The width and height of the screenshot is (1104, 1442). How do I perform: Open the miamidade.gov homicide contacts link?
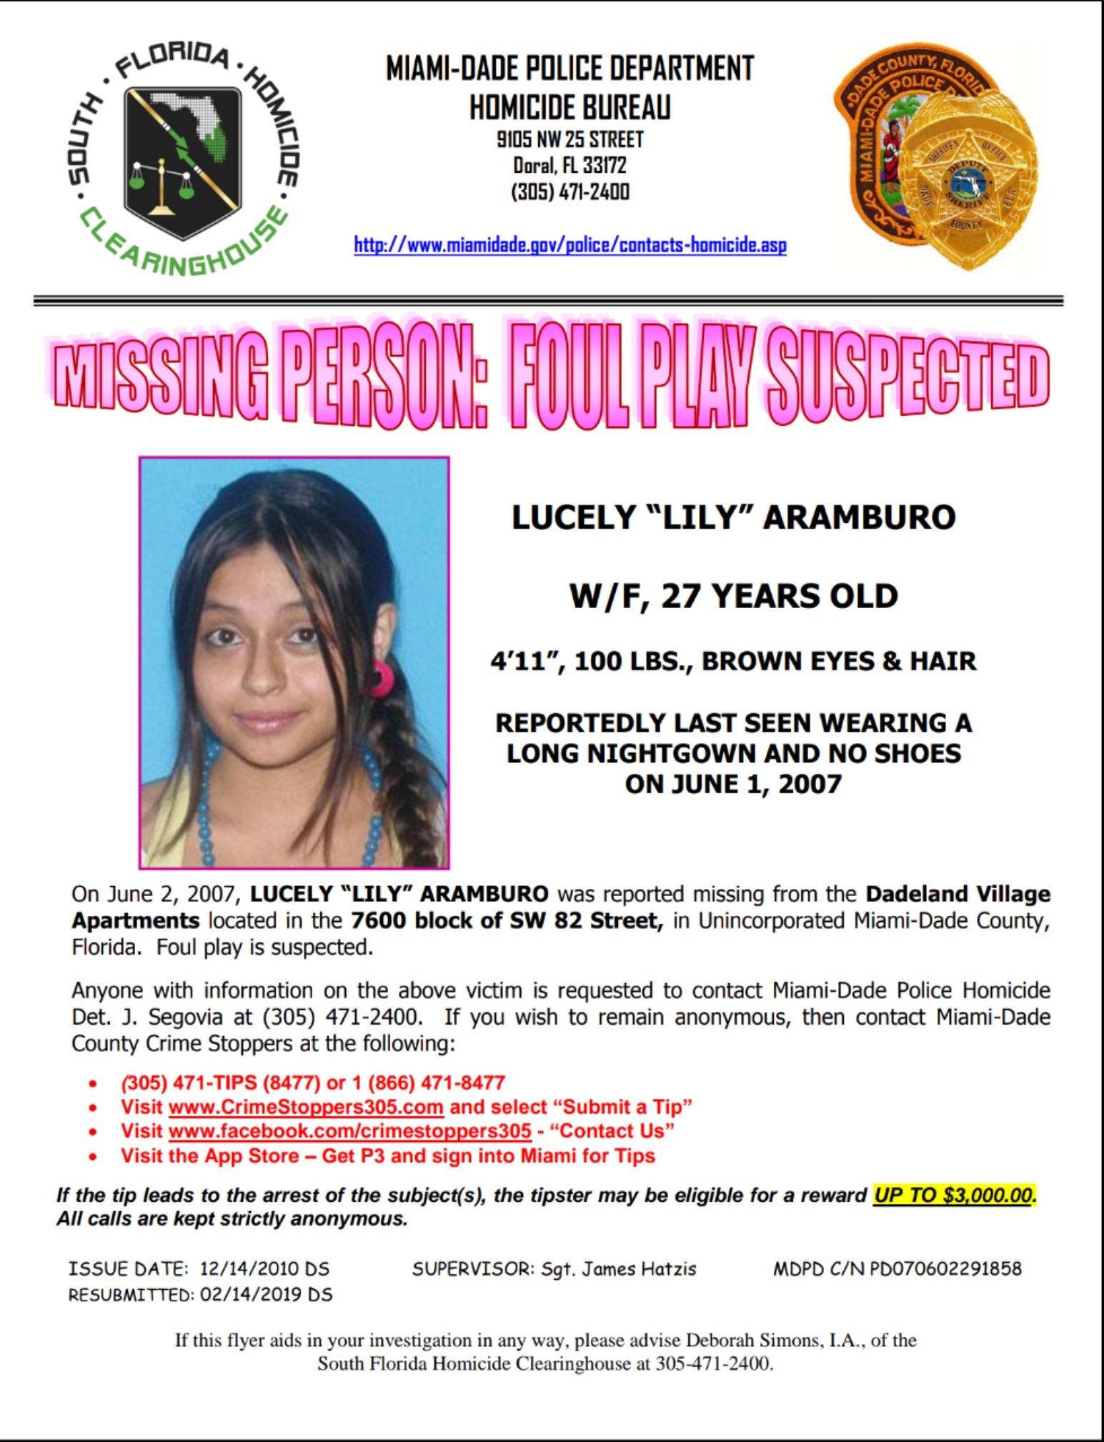(570, 245)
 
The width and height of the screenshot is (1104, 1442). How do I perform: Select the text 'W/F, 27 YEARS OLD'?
(733, 596)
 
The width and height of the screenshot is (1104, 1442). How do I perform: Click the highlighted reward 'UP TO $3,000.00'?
(954, 1195)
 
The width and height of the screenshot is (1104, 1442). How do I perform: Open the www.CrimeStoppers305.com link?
(306, 1107)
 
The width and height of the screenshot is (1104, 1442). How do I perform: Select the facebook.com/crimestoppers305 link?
(350, 1131)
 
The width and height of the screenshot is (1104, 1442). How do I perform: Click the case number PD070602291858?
(945, 1269)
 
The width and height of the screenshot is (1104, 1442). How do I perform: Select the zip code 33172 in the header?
(605, 166)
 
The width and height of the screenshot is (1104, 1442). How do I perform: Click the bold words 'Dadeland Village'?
(958, 894)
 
